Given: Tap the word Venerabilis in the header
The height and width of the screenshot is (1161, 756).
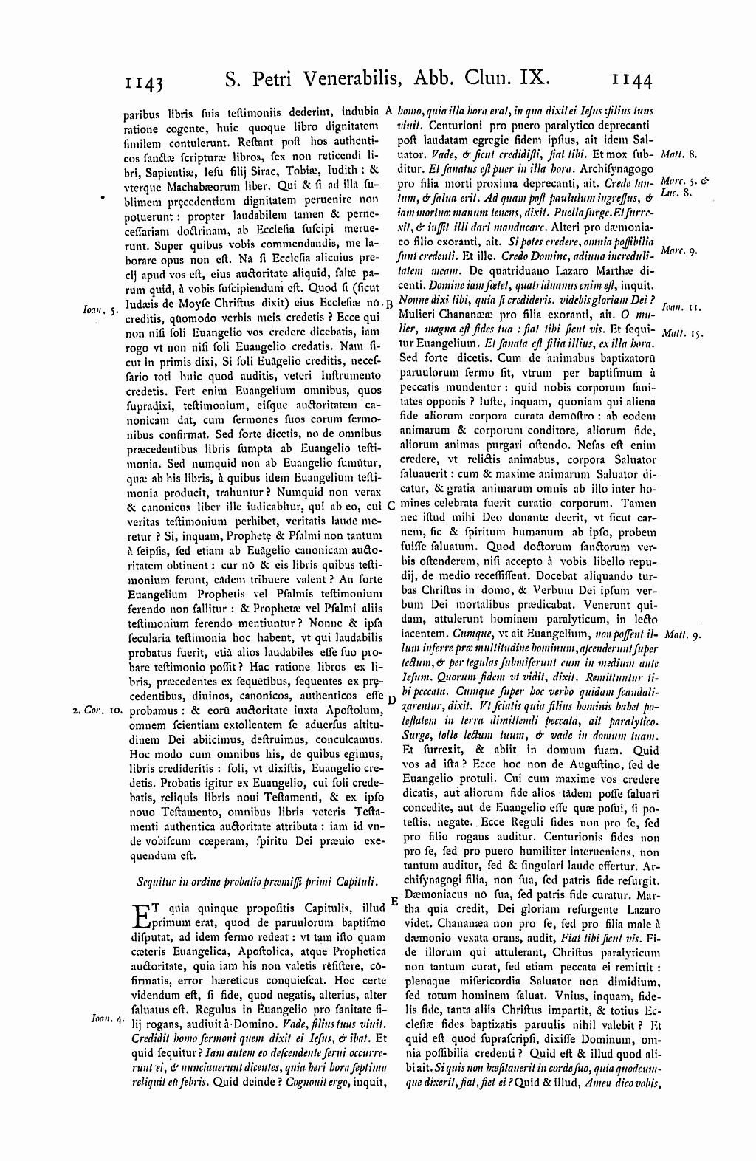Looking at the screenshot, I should click(349, 76).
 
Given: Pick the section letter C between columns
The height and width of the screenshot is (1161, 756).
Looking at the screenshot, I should click(391, 506).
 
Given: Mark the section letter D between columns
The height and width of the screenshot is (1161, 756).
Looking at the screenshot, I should click(391, 699).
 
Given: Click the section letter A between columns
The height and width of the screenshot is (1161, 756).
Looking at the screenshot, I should click(390, 110).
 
